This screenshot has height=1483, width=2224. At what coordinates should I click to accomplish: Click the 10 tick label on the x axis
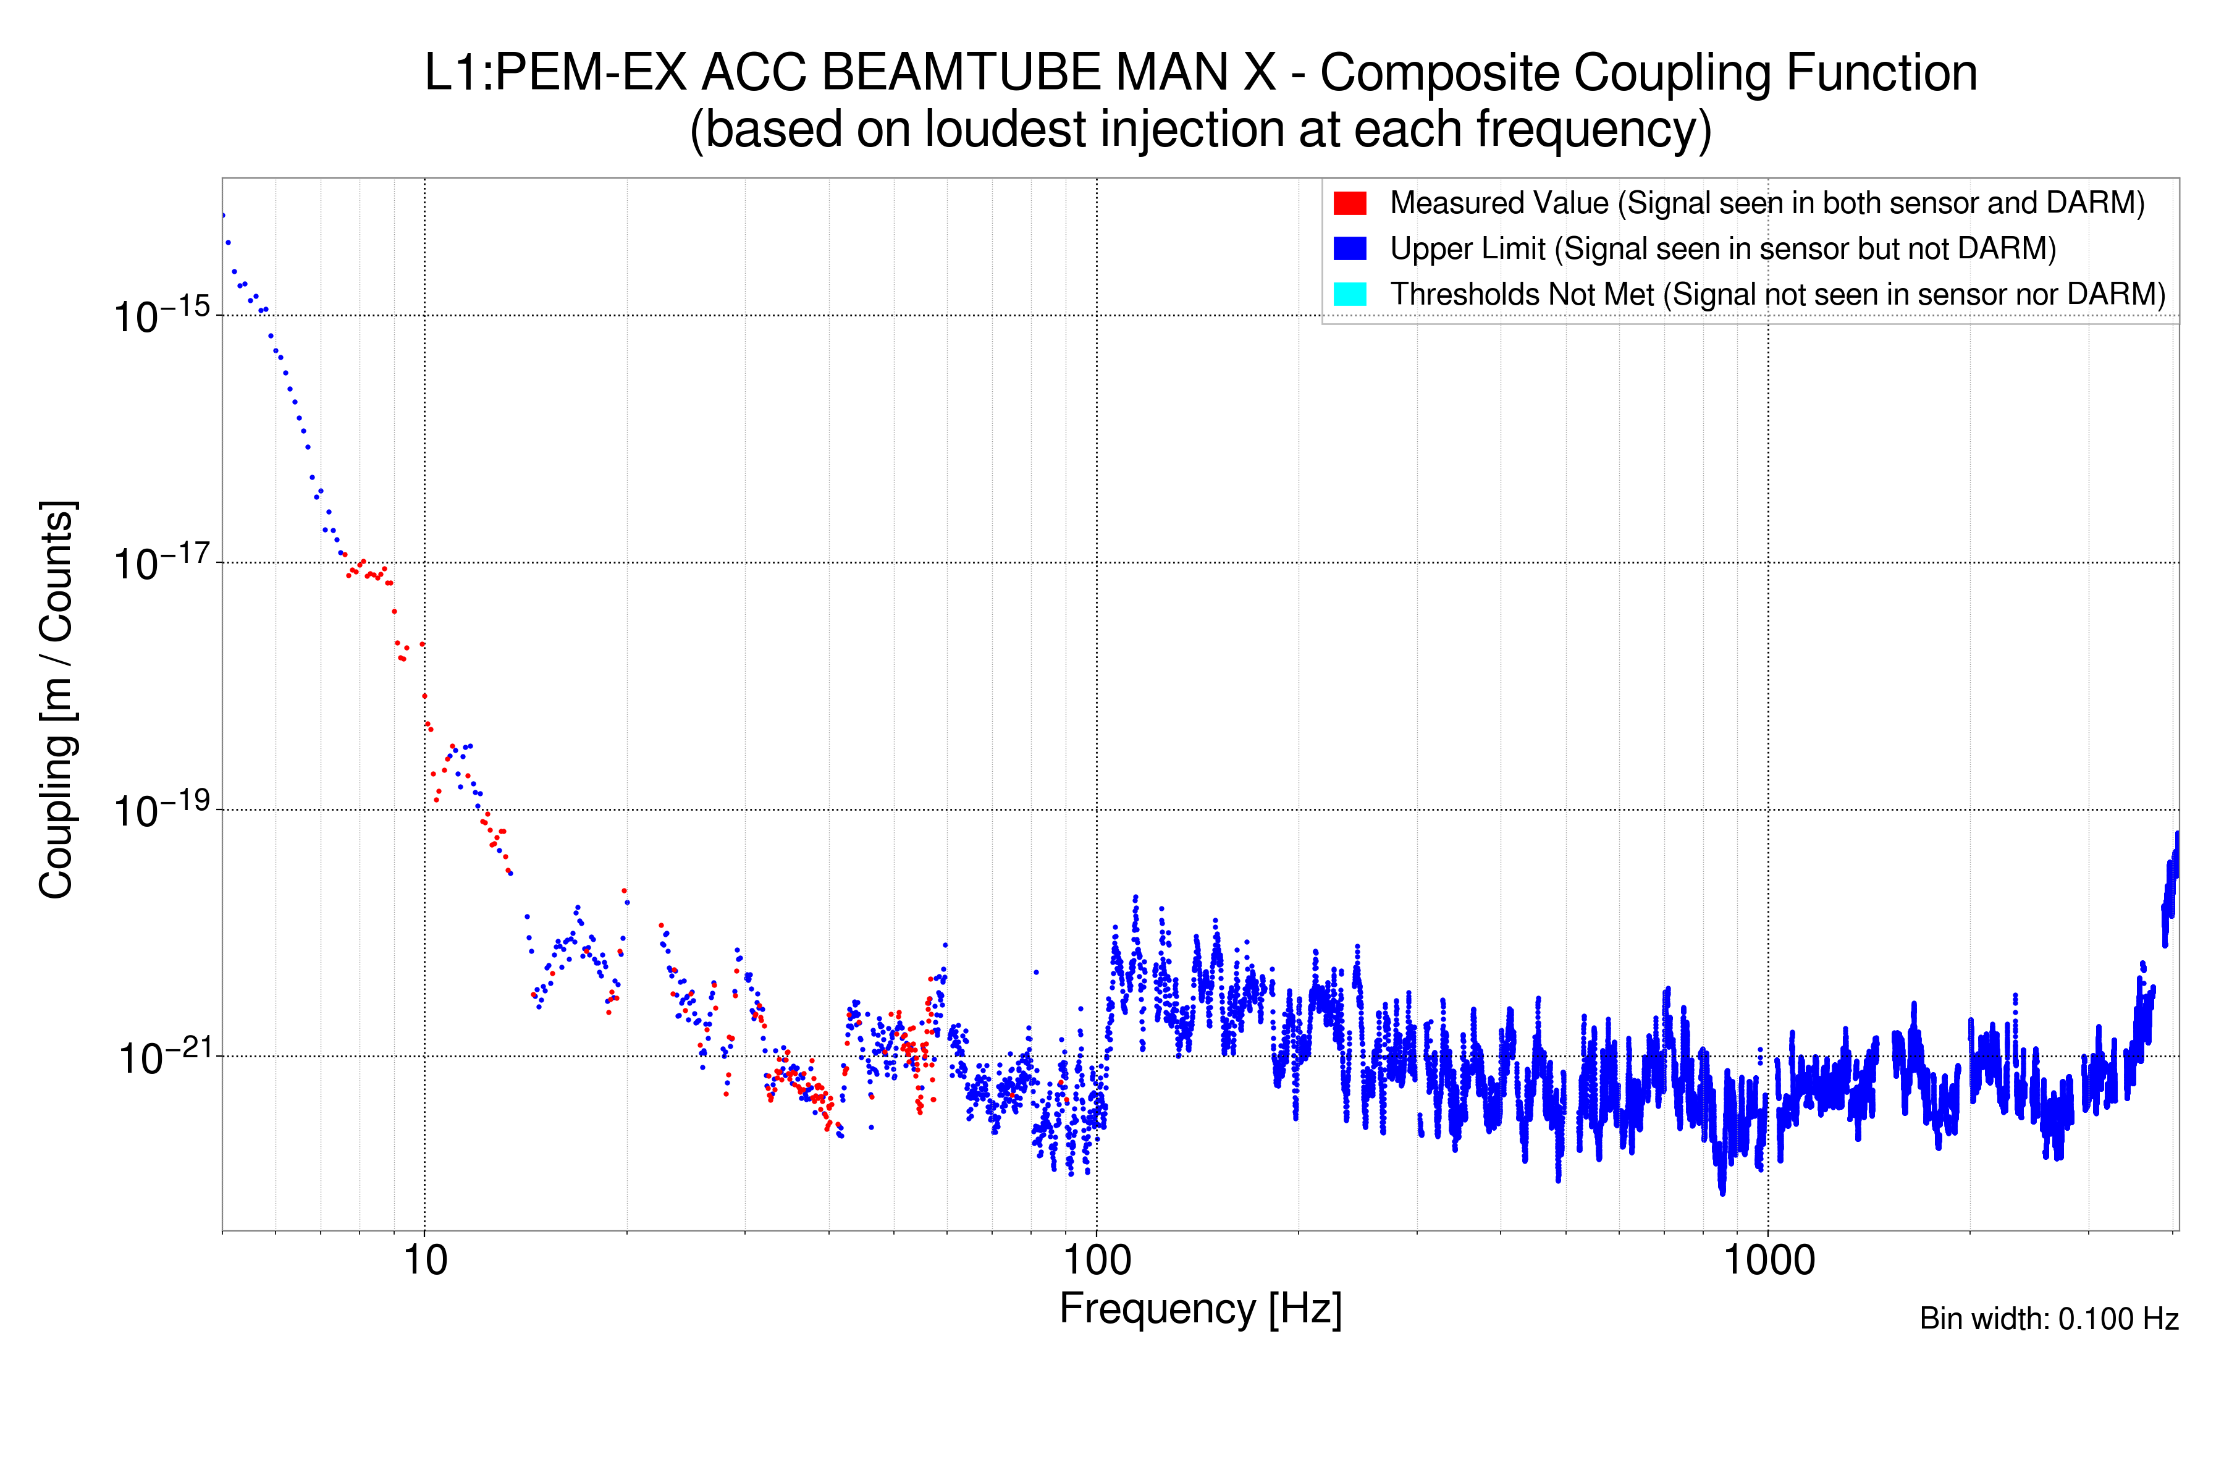click(x=424, y=1261)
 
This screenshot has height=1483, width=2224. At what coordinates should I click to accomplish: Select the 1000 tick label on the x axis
click(x=1768, y=1261)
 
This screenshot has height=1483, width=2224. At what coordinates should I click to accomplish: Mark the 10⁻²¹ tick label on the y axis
click(x=162, y=1057)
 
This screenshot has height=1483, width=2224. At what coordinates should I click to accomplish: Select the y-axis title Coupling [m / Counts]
click(x=57, y=700)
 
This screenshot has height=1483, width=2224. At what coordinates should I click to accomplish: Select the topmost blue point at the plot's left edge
click(x=223, y=216)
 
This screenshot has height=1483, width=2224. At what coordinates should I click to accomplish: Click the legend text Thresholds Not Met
click(x=1522, y=294)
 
